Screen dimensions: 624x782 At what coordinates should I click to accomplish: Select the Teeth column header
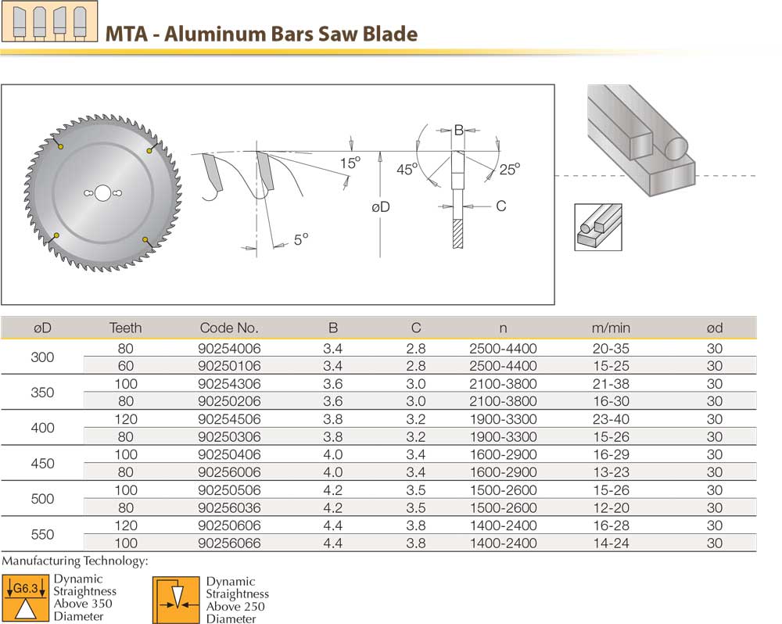coord(125,328)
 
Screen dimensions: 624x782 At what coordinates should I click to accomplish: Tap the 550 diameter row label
coord(42,535)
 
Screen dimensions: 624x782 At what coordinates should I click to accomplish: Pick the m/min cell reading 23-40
coord(611,419)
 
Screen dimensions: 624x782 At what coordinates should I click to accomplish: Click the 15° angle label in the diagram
coord(350,163)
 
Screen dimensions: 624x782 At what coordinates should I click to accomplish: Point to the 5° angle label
coord(301,238)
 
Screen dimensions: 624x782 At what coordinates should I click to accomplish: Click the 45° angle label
coord(407,169)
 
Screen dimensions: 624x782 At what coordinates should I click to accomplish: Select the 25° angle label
coord(510,168)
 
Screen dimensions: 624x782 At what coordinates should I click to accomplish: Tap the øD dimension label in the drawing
coord(381,206)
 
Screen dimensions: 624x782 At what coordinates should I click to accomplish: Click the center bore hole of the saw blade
coord(102,193)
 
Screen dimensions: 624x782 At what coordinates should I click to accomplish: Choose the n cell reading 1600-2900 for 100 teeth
coord(503,454)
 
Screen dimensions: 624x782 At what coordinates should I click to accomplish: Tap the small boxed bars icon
coord(598,227)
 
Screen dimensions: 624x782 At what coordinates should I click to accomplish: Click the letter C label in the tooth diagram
coord(501,206)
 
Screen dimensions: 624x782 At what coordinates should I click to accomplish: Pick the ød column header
coord(714,328)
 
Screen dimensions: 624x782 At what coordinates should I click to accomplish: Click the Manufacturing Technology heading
coord(75,561)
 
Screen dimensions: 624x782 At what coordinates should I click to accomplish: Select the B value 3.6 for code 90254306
coord(332,384)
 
